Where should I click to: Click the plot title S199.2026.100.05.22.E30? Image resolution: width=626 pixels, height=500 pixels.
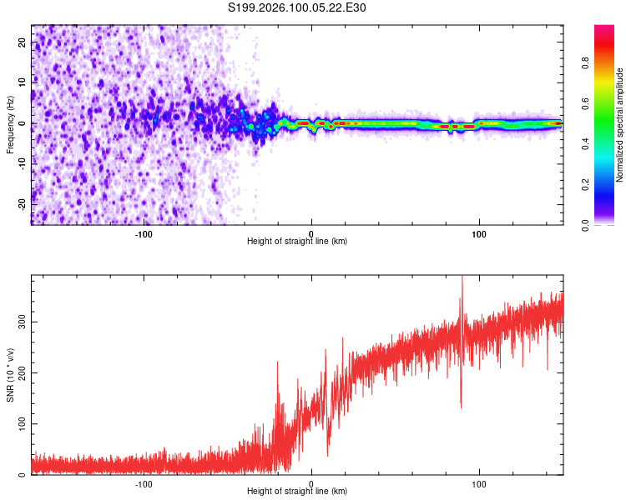click(297, 7)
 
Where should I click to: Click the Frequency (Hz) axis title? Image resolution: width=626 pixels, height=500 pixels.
click(10, 124)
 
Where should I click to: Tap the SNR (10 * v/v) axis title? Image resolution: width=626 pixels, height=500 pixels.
click(10, 374)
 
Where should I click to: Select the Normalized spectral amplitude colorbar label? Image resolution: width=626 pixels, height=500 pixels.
click(620, 125)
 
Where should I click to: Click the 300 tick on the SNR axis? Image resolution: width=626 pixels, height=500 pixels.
click(22, 321)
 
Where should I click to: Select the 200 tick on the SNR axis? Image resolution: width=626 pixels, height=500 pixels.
click(22, 372)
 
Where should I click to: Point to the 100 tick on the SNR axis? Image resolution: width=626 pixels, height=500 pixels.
click(22, 424)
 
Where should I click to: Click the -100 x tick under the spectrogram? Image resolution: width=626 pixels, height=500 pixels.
click(143, 232)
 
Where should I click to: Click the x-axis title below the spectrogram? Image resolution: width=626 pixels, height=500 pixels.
click(297, 242)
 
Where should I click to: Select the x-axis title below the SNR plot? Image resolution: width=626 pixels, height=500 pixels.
click(297, 492)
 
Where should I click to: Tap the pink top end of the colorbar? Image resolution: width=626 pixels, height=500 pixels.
click(604, 30)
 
